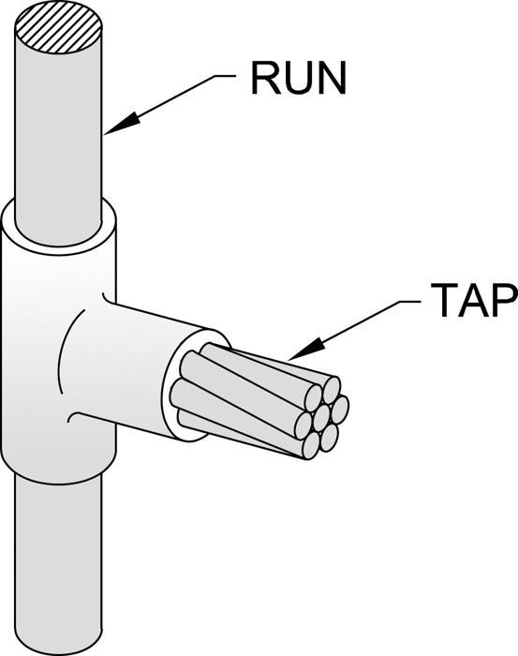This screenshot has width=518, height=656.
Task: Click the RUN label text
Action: click(299, 78)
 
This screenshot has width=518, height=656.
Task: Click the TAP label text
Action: click(474, 300)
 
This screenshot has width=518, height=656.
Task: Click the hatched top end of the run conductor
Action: click(58, 28)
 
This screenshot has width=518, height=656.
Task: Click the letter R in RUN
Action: click(265, 78)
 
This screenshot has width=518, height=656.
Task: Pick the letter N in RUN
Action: click(332, 78)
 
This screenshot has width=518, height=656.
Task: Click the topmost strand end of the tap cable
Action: click(331, 390)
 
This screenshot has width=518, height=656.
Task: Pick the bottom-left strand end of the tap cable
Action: click(311, 447)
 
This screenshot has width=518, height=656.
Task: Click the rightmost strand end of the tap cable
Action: click(340, 410)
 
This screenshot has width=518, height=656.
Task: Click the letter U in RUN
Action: click(299, 78)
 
